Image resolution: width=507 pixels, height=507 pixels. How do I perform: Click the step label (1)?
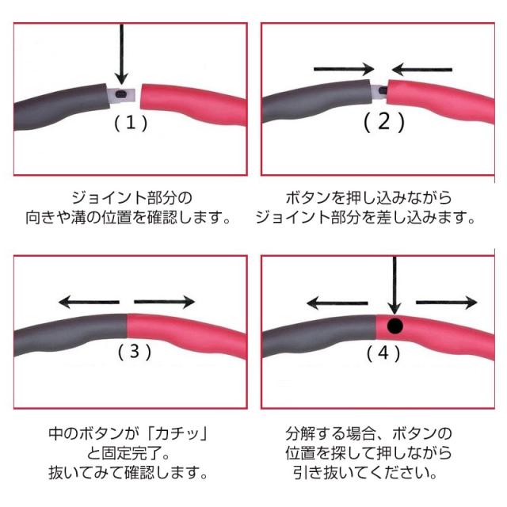(131, 123)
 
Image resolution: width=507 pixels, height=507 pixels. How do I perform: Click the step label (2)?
(384, 123)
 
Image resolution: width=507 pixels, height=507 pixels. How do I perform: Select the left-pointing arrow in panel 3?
(89, 301)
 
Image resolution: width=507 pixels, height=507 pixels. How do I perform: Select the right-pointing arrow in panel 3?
(165, 301)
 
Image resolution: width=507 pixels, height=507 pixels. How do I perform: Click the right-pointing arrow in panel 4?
(446, 302)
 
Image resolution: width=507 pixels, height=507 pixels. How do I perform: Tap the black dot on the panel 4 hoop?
(395, 325)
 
